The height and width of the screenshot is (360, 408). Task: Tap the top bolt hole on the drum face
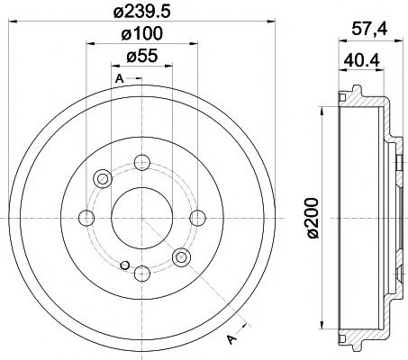pos(141,163)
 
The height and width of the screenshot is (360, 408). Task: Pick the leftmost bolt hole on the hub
pos(86,217)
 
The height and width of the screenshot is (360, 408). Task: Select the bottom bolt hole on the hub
pos(141,271)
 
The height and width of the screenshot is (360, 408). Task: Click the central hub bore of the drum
pos(141,217)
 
